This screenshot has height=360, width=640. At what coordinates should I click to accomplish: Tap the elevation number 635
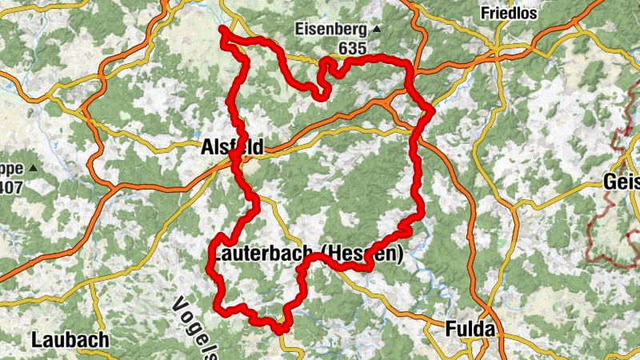click(352, 49)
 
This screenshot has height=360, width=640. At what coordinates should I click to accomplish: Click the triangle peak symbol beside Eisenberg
click(378, 31)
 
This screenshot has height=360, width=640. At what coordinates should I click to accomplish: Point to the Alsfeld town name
click(231, 147)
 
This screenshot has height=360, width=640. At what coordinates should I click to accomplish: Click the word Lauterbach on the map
click(262, 254)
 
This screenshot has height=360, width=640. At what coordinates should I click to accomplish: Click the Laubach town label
click(70, 339)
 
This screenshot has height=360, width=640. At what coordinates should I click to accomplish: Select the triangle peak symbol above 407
click(33, 169)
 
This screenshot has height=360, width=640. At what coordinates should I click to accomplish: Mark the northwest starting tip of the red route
click(222, 30)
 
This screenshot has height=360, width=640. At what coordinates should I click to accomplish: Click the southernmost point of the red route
click(282, 329)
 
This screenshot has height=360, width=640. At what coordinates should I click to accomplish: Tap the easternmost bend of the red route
click(431, 110)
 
